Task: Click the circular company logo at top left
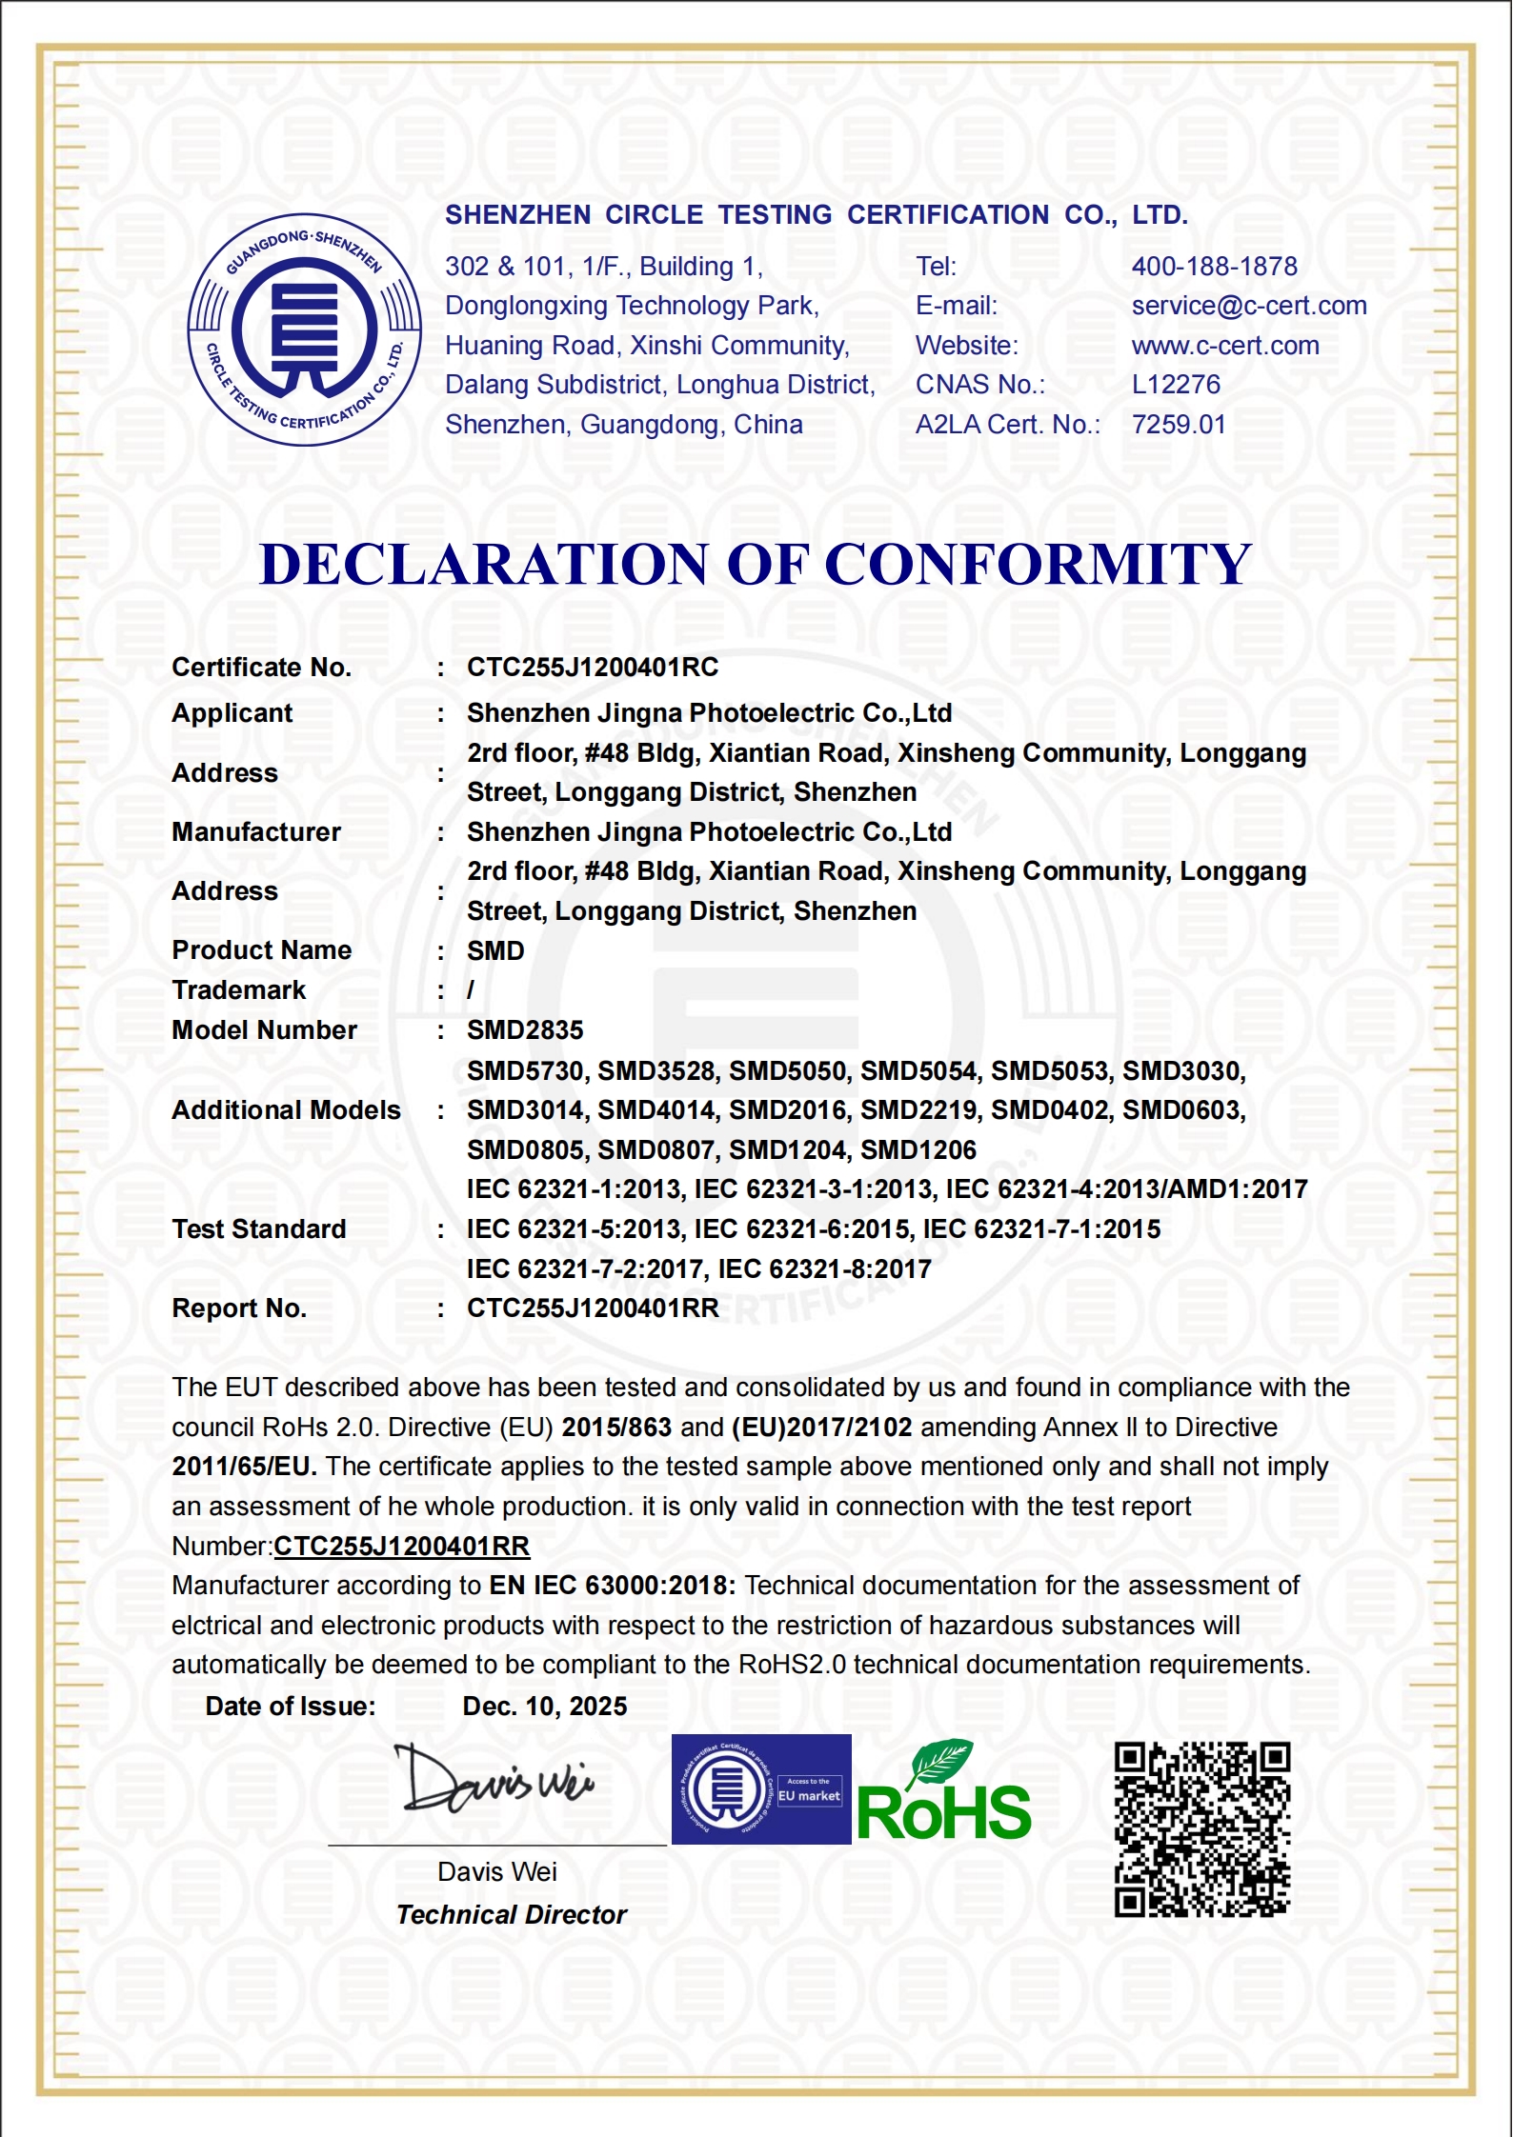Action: tap(305, 330)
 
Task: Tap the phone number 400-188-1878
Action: tap(1215, 267)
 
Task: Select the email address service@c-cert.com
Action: tap(1249, 306)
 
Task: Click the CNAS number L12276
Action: tap(1176, 385)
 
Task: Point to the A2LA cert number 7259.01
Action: tap(1179, 425)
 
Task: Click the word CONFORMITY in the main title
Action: tap(1038, 565)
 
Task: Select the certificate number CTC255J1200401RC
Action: tap(593, 668)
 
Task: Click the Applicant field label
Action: tap(232, 713)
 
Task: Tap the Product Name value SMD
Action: tap(495, 951)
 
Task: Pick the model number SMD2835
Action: tap(525, 1030)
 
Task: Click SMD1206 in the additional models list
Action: tap(918, 1150)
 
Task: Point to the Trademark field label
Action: tap(239, 990)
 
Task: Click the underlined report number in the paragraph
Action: tap(402, 1547)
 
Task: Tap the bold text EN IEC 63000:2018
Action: tap(612, 1586)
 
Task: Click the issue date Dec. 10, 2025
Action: tap(545, 1707)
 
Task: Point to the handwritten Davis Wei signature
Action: tap(494, 1781)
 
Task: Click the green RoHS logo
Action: tap(943, 1795)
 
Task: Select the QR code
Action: tap(1202, 1829)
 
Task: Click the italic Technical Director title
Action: tap(512, 1915)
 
